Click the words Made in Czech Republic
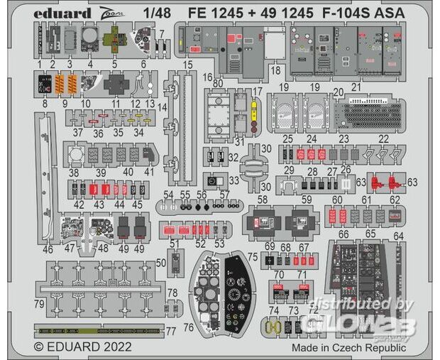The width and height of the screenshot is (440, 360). coord(349,347)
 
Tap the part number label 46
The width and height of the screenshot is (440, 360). coord(48,250)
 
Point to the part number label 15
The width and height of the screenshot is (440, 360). coord(187,65)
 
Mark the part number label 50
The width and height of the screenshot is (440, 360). coord(160,263)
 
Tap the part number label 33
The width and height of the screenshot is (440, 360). coord(233,180)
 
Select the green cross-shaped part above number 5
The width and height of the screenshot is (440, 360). coord(111,40)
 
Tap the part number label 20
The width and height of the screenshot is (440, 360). coord(339,92)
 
